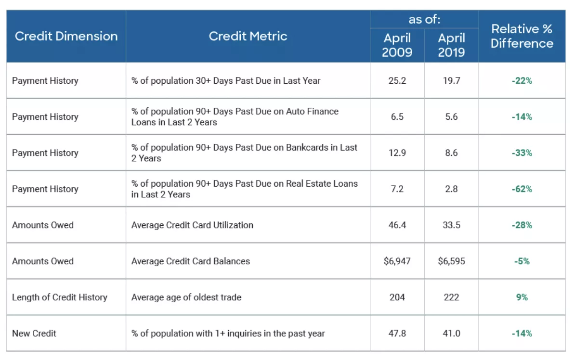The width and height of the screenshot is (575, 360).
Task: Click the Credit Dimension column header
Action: tap(66, 36)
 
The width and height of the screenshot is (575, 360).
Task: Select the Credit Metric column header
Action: tap(248, 36)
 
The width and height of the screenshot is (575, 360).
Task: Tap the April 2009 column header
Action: tap(397, 45)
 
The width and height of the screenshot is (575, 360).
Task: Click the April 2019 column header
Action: tap(451, 45)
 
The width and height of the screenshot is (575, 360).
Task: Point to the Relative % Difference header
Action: tap(522, 36)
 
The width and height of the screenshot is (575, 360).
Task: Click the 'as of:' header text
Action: tap(424, 19)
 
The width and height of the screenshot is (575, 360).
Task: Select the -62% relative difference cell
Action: tap(522, 189)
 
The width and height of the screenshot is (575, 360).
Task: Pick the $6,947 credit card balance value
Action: tap(397, 261)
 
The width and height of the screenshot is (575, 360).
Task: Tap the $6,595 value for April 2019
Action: tap(451, 261)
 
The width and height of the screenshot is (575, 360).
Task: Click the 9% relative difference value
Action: tap(522, 297)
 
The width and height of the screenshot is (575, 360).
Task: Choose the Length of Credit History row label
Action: tap(60, 297)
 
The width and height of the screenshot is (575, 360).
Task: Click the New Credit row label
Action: tap(34, 334)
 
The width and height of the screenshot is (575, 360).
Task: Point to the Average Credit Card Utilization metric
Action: tap(192, 225)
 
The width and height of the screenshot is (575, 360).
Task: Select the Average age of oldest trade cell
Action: tap(186, 297)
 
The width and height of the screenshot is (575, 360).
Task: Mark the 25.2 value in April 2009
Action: tap(397, 81)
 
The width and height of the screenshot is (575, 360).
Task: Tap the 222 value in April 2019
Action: tap(451, 297)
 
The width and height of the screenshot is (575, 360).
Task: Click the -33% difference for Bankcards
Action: tap(522, 153)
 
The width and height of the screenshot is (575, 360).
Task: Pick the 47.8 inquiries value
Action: tap(397, 334)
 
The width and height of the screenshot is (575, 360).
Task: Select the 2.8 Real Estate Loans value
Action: tap(451, 189)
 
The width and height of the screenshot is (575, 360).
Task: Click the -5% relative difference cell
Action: tap(522, 261)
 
